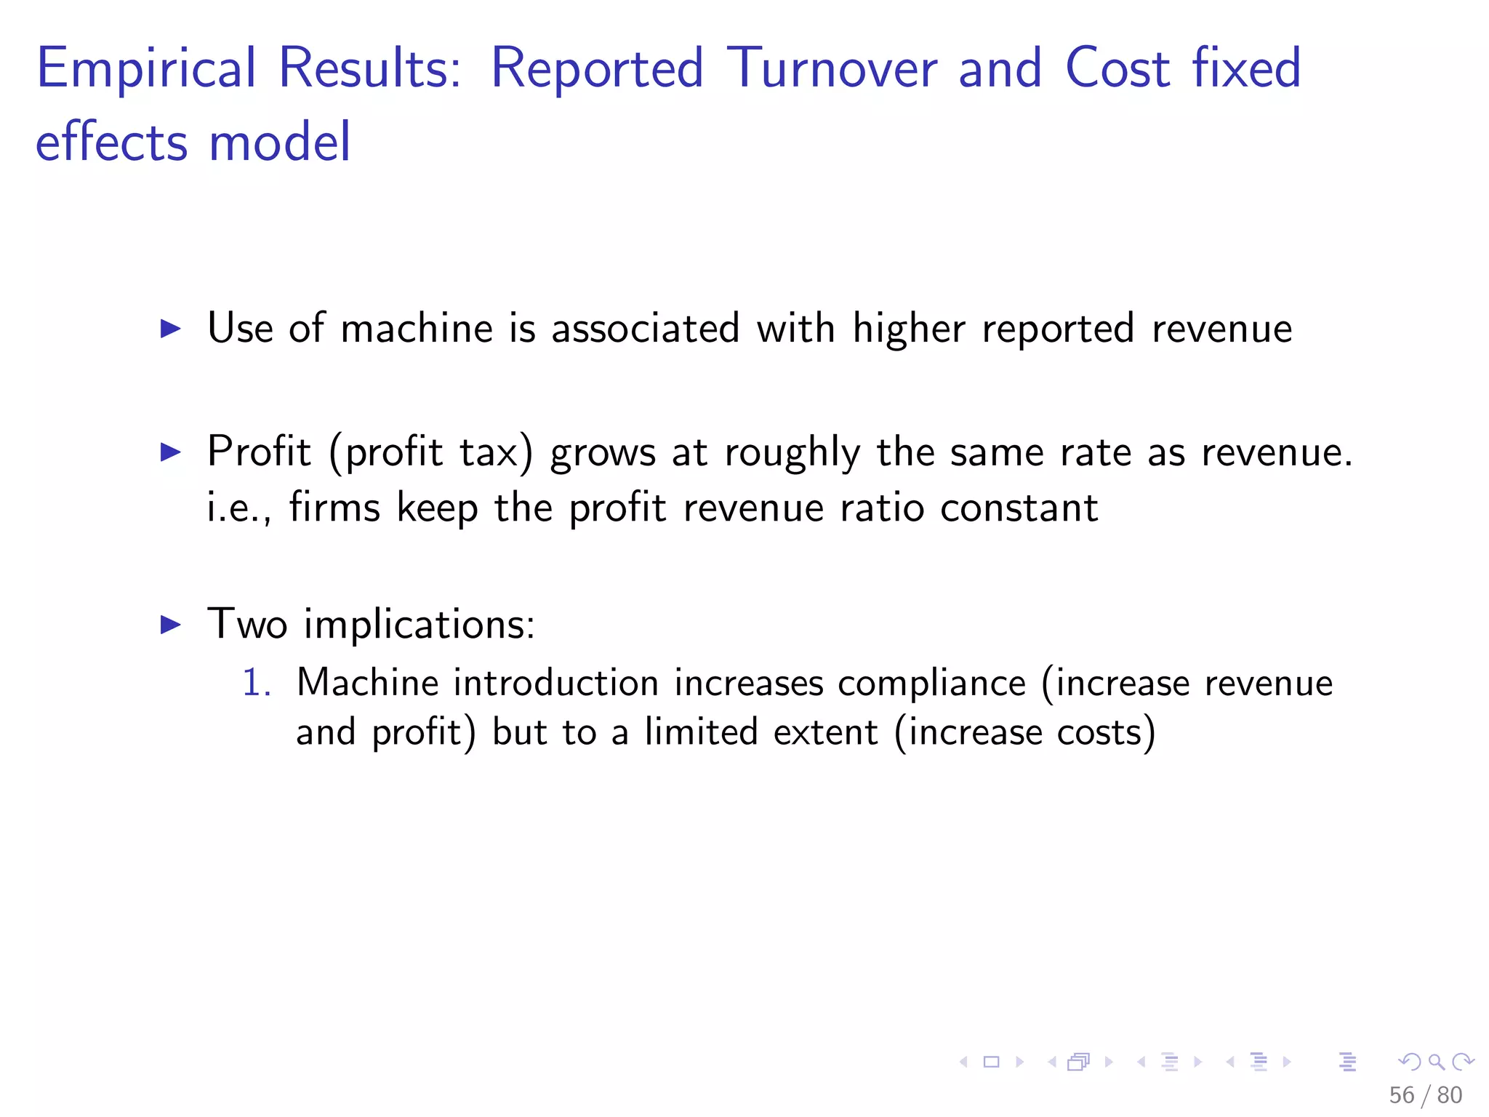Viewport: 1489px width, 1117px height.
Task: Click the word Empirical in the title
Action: [146, 69]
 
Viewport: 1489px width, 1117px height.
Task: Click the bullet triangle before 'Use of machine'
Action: [170, 329]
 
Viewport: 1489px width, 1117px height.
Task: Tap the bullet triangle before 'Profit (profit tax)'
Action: [170, 452]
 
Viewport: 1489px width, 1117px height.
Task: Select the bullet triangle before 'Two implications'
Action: [170, 624]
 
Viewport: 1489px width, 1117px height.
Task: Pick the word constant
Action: [1019, 508]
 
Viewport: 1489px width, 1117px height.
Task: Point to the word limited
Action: [701, 732]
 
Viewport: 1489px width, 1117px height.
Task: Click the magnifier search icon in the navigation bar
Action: [1437, 1062]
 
